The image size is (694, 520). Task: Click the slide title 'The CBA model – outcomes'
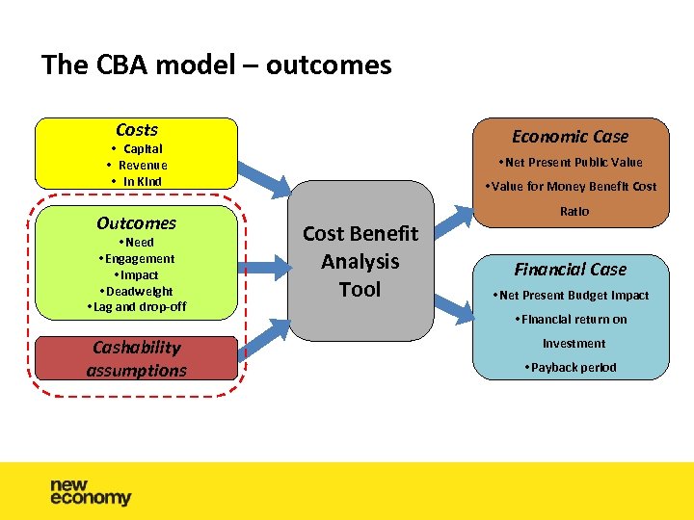216,65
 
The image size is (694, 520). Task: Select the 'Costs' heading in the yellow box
136,130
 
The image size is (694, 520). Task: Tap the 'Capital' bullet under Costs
138,149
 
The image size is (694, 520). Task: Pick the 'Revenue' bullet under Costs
138,166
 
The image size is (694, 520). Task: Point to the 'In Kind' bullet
138,181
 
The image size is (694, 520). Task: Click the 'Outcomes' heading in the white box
136,223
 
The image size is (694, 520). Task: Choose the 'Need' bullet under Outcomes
136,243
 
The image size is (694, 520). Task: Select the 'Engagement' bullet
136,259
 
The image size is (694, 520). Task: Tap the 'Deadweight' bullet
136,292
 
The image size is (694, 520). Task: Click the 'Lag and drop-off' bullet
136,307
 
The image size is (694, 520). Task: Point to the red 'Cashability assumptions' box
136,358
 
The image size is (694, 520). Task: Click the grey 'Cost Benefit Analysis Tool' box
360,261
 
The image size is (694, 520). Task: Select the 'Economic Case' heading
570,137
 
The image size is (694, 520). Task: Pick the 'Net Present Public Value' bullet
570,163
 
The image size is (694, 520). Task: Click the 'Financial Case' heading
570,270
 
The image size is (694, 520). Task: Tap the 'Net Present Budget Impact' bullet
570,296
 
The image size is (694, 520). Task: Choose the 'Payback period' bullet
570,368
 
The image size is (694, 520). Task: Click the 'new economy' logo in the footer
91,491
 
